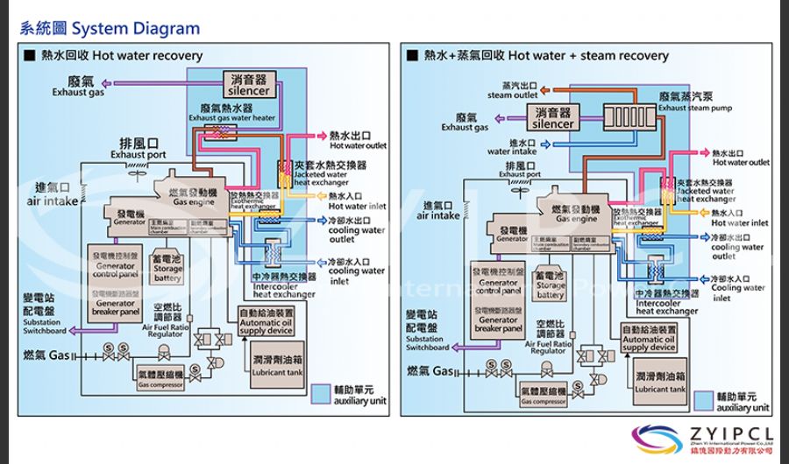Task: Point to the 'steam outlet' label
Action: [513, 91]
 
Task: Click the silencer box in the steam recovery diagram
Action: [553, 117]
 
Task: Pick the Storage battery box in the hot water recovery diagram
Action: [167, 269]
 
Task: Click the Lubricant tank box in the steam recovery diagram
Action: [659, 382]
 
